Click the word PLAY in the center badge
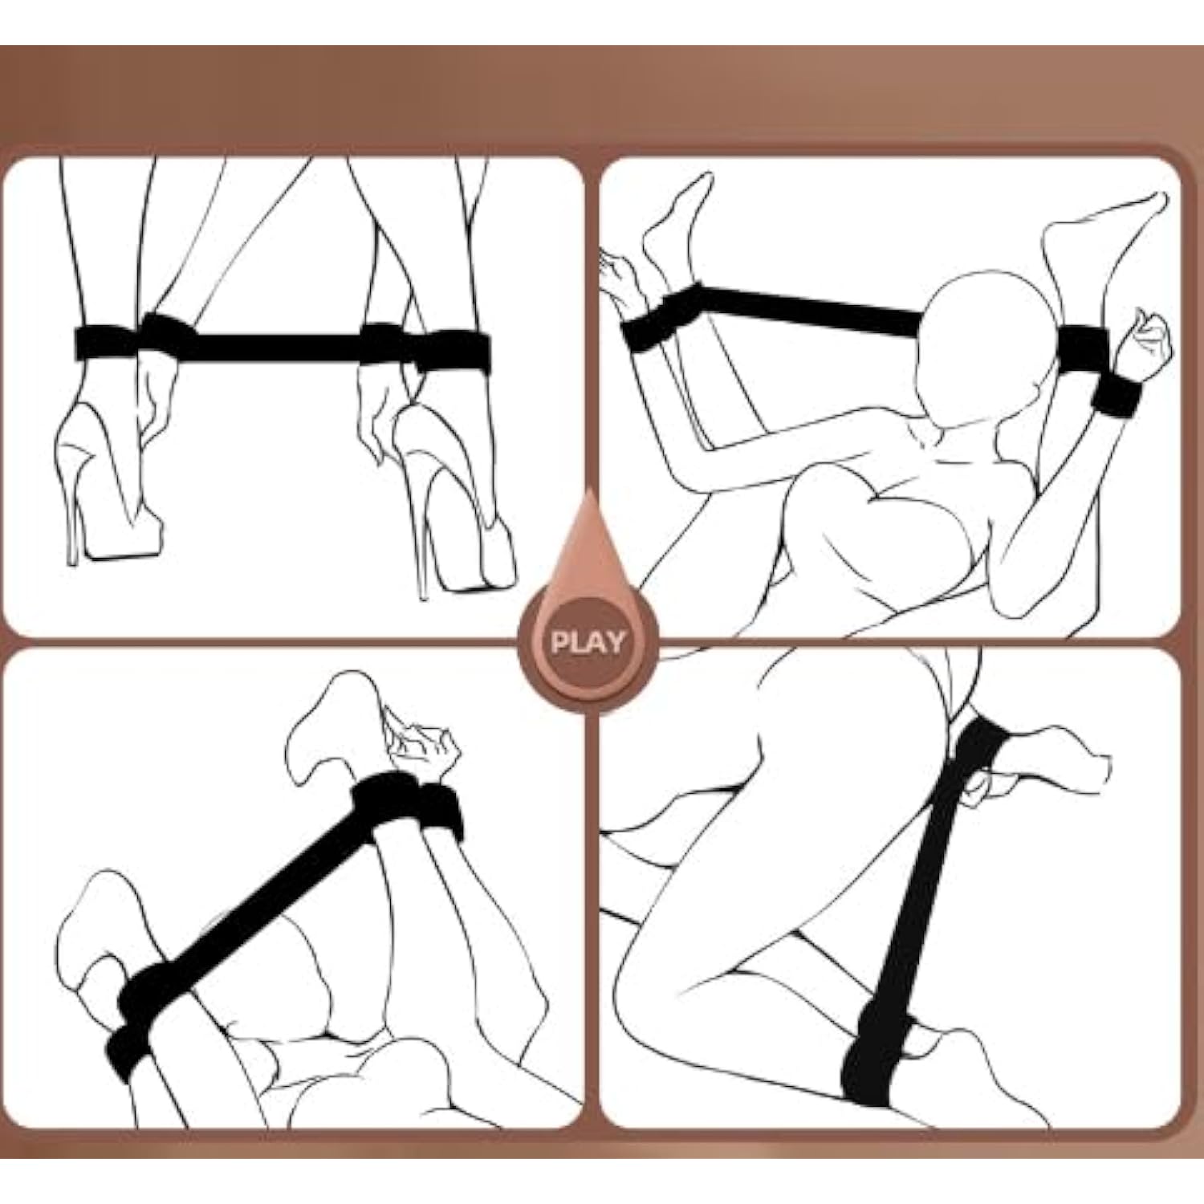pos(588,642)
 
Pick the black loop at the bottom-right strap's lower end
pos(879,1060)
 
